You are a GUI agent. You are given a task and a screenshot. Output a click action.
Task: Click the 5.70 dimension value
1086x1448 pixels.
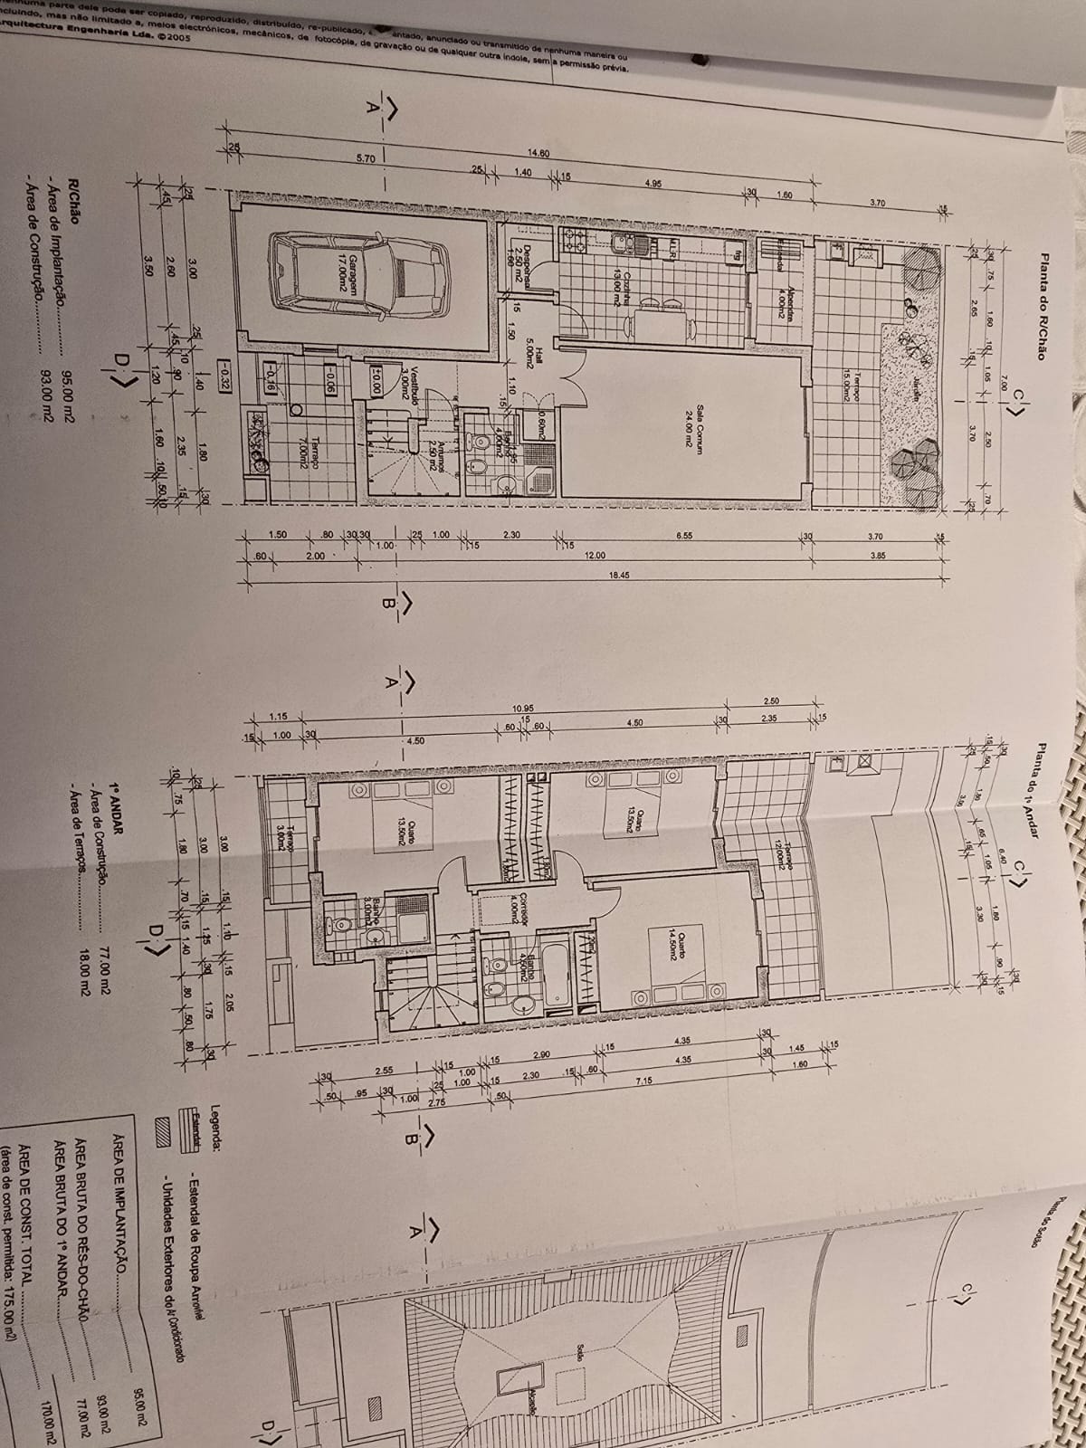click(366, 158)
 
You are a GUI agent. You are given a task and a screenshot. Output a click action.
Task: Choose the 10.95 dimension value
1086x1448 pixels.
click(521, 708)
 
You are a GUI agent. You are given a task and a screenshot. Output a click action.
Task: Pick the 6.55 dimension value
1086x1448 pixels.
click(684, 537)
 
